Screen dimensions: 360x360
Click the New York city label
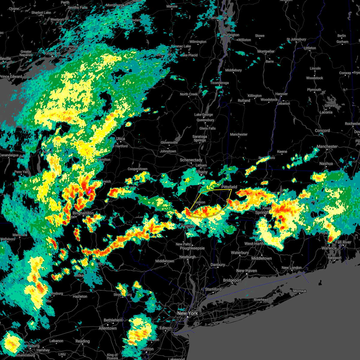(187, 313)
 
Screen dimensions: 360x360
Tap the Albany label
(201, 172)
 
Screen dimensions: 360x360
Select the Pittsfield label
(229, 187)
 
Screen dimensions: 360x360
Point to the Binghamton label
(83, 213)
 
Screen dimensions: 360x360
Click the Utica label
(120, 139)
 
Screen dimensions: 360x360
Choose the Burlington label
(231, 35)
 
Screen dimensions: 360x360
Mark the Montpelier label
(266, 51)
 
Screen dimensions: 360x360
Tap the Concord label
(322, 130)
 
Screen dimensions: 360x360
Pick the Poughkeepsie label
(192, 248)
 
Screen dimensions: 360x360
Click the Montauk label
(299, 291)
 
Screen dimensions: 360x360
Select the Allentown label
(107, 328)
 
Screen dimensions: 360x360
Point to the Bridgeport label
(232, 280)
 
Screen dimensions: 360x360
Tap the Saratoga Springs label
(200, 138)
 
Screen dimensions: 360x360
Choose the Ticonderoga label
(219, 83)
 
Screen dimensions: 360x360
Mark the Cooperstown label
(137, 169)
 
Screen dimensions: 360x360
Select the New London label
(292, 268)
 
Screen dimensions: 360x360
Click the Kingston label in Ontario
(52, 53)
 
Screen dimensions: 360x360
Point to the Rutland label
(244, 100)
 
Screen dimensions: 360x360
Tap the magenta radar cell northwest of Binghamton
(89, 191)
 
